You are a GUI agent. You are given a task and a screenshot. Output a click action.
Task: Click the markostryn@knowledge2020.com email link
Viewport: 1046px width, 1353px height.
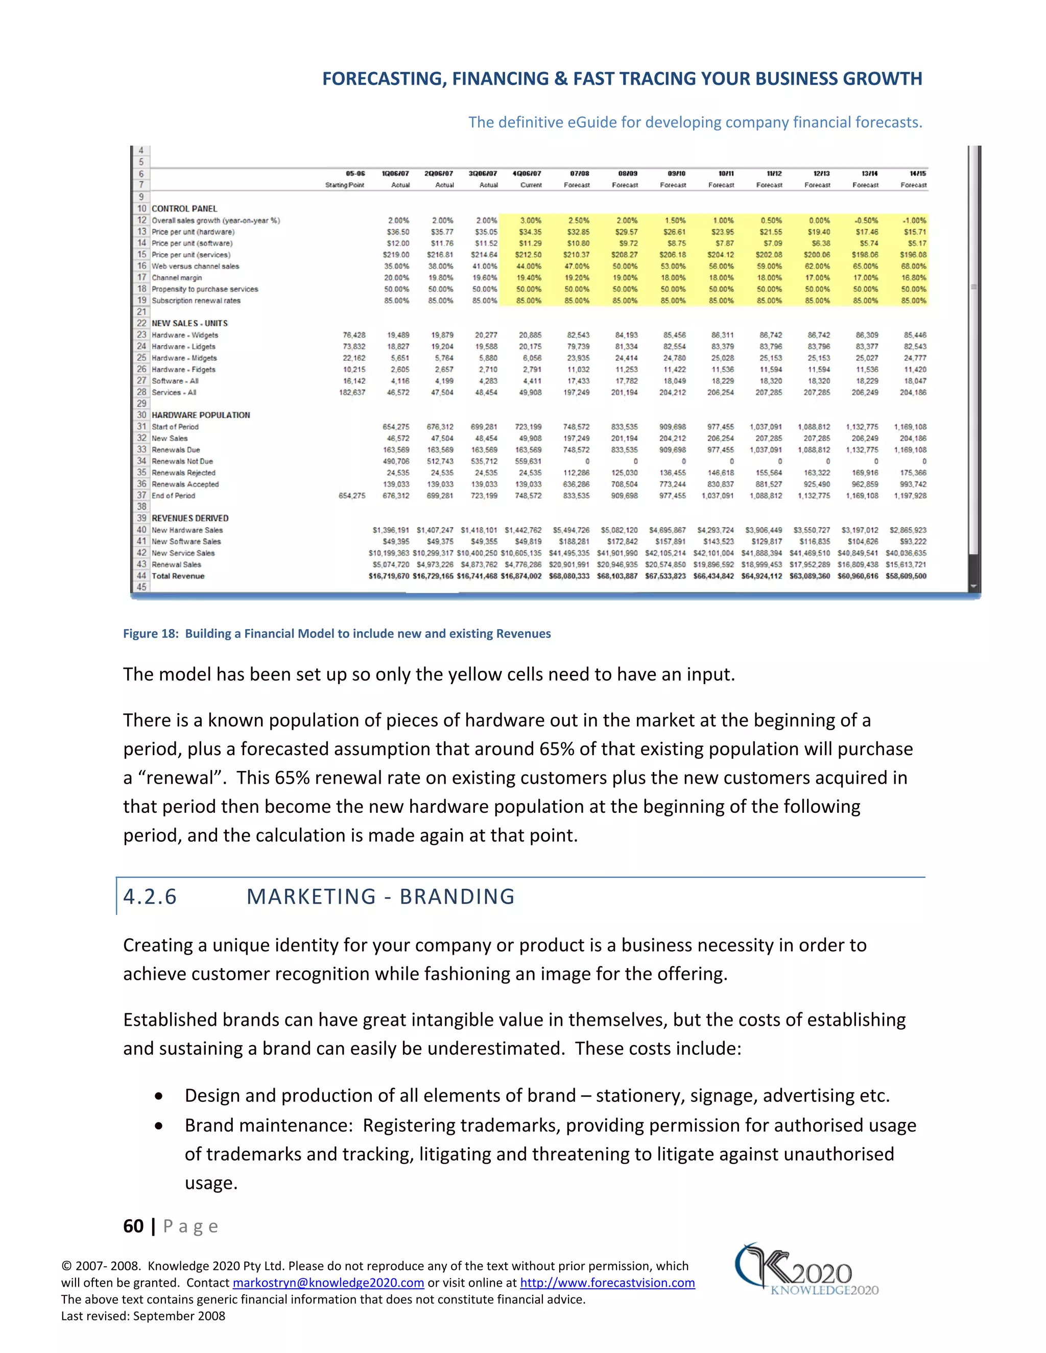(x=328, y=1283)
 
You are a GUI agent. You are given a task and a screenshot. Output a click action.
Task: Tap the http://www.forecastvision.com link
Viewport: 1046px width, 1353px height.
(x=607, y=1283)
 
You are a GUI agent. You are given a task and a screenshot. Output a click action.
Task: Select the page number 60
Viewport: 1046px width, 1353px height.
(x=133, y=1226)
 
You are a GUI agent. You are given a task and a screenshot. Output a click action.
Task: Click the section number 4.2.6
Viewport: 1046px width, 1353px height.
(x=150, y=897)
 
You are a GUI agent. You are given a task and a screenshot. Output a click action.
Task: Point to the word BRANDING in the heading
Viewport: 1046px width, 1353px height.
(x=457, y=897)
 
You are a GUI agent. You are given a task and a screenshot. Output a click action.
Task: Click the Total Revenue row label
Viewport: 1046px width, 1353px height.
(x=178, y=576)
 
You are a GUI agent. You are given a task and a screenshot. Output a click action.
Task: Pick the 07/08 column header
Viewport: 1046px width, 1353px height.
(x=579, y=174)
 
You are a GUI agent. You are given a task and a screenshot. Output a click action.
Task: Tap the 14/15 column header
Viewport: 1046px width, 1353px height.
(x=917, y=174)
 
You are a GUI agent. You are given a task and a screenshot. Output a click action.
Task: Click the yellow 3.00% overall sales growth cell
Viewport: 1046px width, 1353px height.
(x=531, y=221)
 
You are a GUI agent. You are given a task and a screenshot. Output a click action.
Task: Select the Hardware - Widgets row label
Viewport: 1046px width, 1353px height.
(x=185, y=335)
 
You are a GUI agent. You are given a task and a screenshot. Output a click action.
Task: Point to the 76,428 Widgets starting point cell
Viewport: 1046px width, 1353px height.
(x=354, y=335)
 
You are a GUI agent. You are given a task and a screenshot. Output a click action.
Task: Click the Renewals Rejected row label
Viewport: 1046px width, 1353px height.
(x=183, y=473)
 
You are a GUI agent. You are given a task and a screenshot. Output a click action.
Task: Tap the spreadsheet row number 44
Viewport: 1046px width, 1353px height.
(x=141, y=575)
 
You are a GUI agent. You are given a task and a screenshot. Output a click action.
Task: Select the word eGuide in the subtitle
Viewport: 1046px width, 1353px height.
(x=592, y=122)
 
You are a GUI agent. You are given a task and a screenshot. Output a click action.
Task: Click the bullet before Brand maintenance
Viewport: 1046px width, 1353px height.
(x=159, y=1126)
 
